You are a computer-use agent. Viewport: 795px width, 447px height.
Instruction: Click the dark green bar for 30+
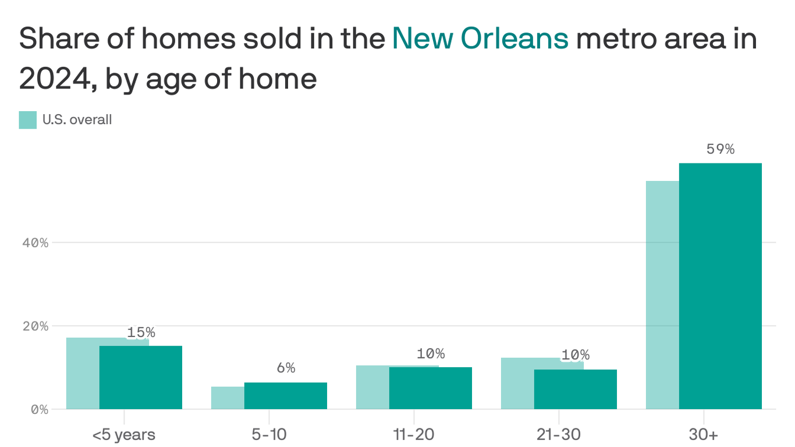(721, 286)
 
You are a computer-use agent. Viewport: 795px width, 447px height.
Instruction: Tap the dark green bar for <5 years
(141, 377)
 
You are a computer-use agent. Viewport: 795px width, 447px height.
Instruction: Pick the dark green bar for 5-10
(286, 395)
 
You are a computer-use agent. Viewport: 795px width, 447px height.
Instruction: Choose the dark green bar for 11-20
(431, 388)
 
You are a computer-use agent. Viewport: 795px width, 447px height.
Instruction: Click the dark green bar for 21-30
(576, 389)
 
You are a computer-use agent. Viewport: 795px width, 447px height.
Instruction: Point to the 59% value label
(721, 149)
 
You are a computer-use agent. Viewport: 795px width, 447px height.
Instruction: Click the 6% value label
(286, 368)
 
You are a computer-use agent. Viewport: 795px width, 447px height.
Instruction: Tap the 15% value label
(141, 332)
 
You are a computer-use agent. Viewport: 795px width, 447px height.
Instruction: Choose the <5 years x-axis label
(124, 434)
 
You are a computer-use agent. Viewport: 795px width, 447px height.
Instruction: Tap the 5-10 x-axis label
(269, 434)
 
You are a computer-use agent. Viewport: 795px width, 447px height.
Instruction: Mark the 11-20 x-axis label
(414, 434)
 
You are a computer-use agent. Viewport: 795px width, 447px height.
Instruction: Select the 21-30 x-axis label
(559, 434)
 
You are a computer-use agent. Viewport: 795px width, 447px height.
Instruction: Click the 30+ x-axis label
(704, 434)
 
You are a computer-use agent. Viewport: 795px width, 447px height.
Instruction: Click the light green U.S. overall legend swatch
(28, 120)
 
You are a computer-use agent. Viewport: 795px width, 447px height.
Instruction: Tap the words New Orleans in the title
(480, 39)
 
